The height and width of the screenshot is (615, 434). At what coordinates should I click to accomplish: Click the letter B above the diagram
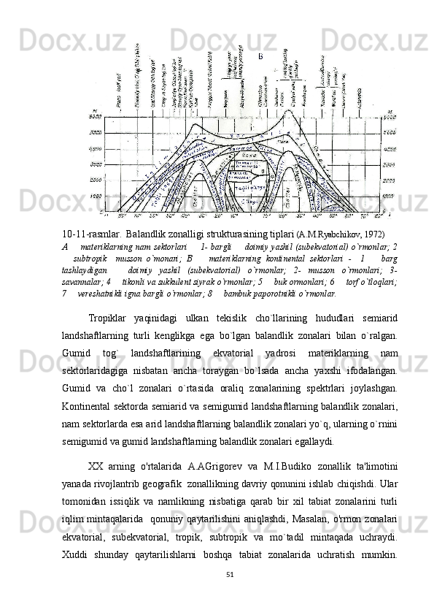click(260, 56)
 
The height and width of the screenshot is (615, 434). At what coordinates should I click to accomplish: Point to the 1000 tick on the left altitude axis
click(94, 196)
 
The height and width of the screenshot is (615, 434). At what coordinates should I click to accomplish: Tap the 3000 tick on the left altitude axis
click(94, 133)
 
